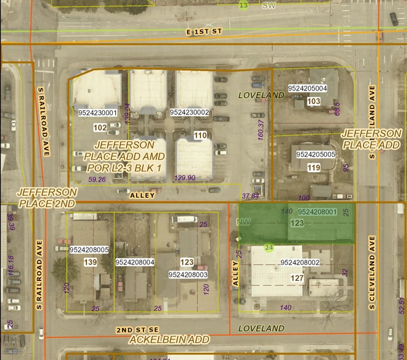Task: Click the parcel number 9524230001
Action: coord(97,113)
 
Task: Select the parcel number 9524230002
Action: coord(189,113)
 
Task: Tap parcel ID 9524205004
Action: coord(307,89)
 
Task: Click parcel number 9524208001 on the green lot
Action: coord(317,212)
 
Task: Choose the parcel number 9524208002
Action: coord(300,263)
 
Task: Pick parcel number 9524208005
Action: coord(89,250)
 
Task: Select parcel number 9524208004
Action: coord(134,263)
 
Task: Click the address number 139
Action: coord(90,263)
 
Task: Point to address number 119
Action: coord(314,168)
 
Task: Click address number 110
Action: coord(200,135)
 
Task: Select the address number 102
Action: coord(100,128)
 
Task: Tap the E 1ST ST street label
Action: coord(204,31)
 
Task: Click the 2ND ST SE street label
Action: coord(133,329)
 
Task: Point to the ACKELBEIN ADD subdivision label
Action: coord(169,339)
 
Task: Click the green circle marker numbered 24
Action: coord(268,247)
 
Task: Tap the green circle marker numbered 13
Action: coord(244,6)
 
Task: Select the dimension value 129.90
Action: coord(184,178)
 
